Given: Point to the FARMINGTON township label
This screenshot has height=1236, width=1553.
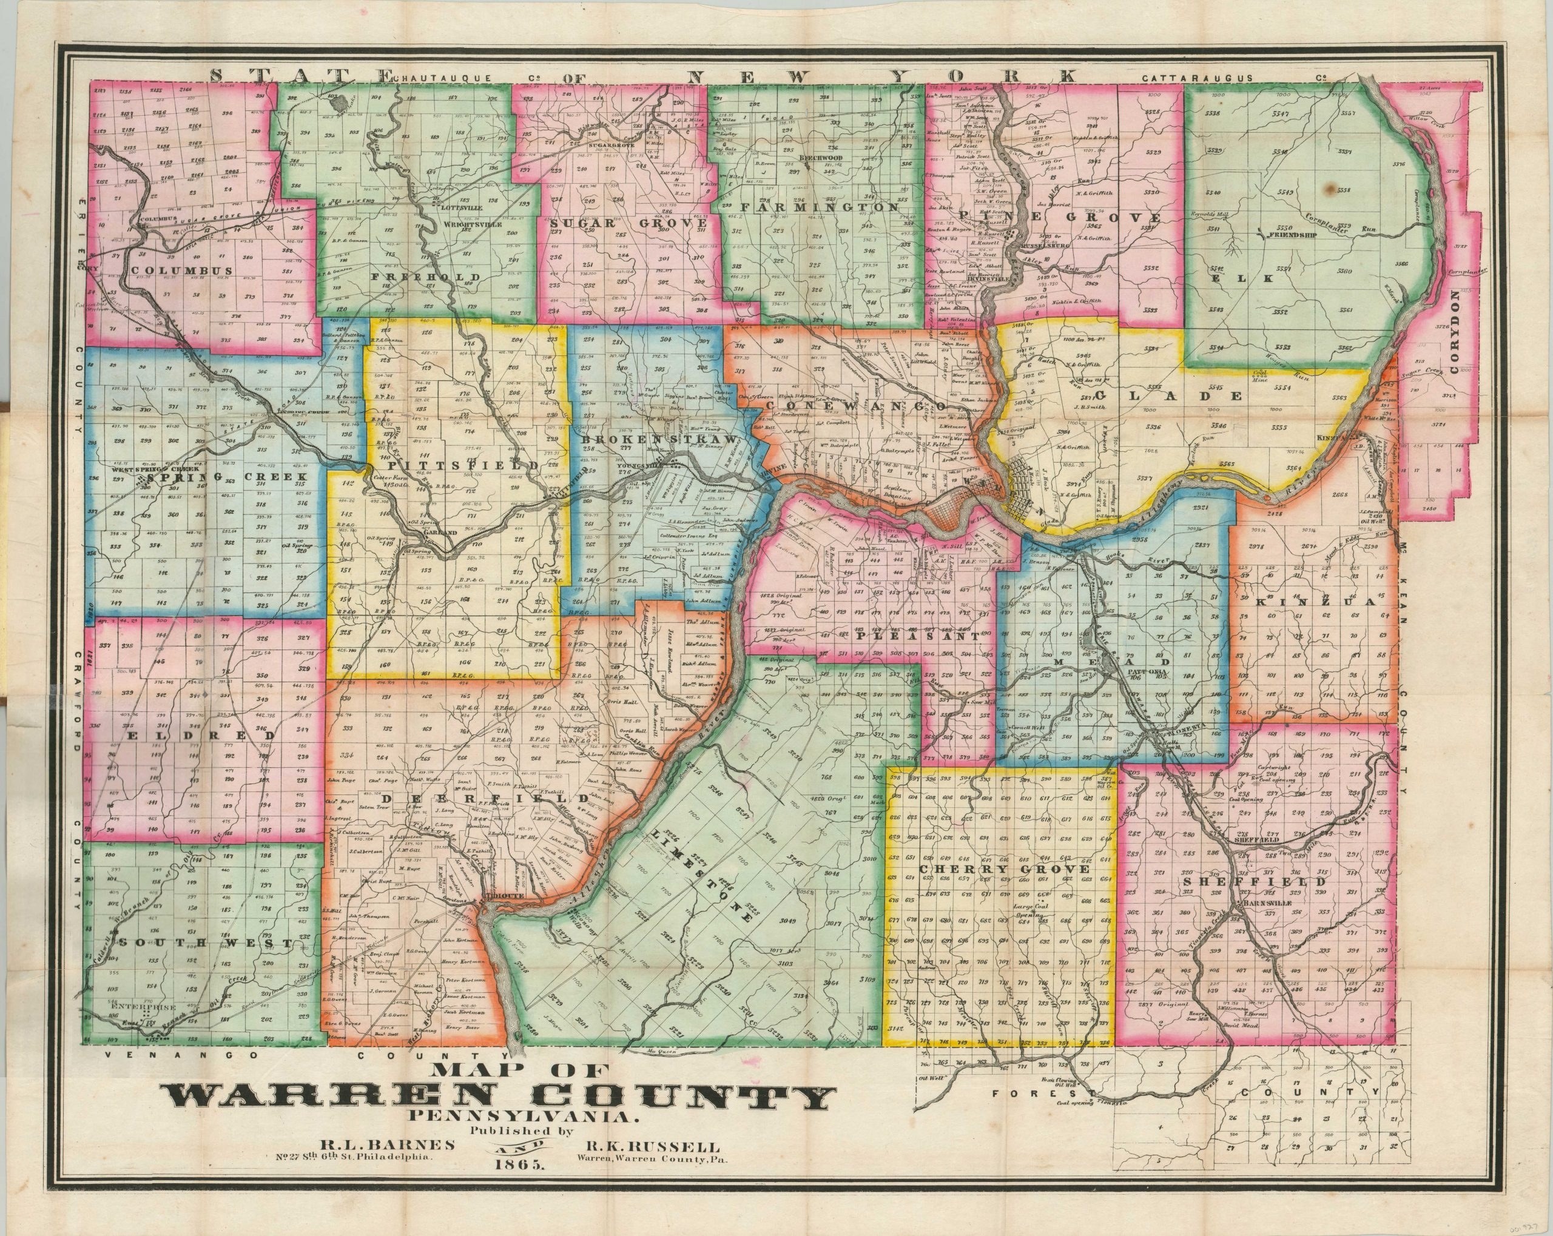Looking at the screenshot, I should [818, 207].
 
